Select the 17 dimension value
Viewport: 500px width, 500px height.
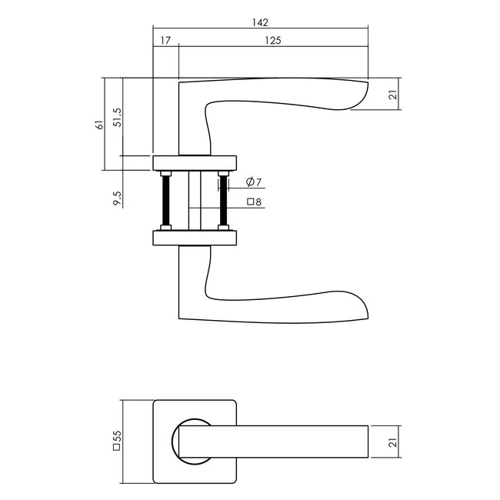(x=166, y=38)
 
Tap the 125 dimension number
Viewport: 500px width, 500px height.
(x=273, y=38)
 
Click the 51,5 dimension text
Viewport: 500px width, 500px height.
(x=116, y=117)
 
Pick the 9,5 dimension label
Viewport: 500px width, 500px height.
(x=116, y=198)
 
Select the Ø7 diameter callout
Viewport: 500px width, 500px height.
(x=255, y=182)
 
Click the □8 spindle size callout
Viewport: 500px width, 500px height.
(x=255, y=202)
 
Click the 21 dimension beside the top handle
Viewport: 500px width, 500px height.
(x=392, y=95)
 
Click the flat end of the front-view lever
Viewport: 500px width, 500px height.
(x=367, y=442)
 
